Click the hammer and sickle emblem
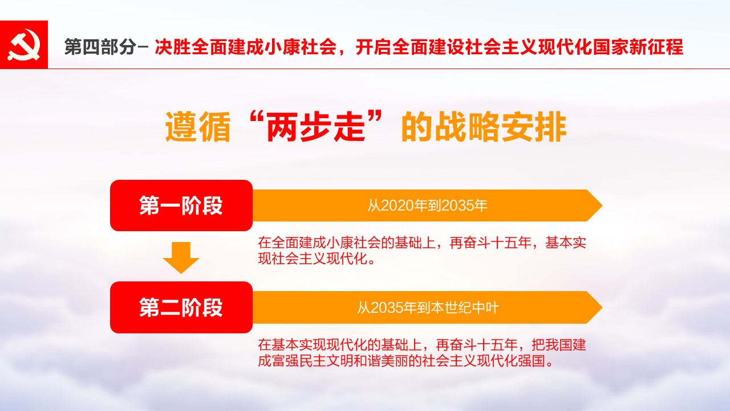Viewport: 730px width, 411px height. click(24, 45)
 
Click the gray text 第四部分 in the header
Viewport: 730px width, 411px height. click(100, 47)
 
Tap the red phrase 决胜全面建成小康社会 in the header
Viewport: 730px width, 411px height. click(246, 47)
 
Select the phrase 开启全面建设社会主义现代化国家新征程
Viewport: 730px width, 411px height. click(520, 47)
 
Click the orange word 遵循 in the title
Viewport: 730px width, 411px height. click(198, 127)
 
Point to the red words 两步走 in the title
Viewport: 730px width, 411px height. click(315, 127)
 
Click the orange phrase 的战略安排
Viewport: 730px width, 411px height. click(484, 127)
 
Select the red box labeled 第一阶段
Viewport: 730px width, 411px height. click(181, 205)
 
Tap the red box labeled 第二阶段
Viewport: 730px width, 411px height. click(181, 307)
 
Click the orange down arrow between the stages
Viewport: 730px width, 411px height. click(181, 257)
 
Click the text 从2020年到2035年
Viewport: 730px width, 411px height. click(427, 205)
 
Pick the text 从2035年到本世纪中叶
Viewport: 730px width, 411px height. click(428, 308)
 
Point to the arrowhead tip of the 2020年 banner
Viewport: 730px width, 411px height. click(602, 205)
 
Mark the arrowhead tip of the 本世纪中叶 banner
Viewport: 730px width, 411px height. click(602, 307)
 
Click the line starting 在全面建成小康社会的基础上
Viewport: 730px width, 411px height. click(422, 243)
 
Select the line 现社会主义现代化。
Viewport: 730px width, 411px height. click(317, 259)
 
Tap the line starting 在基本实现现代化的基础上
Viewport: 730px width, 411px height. click(422, 345)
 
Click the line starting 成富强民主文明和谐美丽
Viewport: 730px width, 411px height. click(405, 361)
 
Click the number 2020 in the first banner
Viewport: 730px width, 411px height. click(396, 206)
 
